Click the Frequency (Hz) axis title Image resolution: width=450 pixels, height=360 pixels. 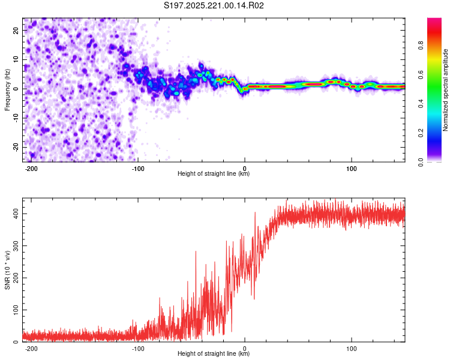[7, 89]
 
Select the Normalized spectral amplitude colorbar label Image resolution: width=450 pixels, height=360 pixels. [446, 90]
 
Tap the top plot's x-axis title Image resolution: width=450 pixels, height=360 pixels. [214, 174]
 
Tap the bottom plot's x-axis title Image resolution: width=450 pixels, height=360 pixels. [214, 354]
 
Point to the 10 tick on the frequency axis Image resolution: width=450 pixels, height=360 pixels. [16, 60]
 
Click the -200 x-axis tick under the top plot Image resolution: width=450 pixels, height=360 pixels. [31, 167]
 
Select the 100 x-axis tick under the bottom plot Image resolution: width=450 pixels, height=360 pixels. [351, 347]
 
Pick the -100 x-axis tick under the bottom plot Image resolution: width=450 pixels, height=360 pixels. [138, 347]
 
